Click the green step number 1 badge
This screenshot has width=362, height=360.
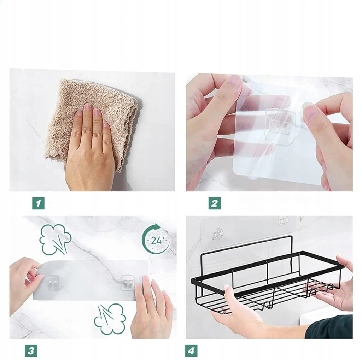38,203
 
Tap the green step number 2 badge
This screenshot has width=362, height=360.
215,203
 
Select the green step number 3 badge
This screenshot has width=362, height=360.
31,351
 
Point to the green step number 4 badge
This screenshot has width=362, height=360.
191,351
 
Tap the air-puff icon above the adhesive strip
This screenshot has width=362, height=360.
55,240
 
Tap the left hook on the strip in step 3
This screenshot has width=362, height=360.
52,283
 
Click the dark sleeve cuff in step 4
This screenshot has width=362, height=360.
329,327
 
